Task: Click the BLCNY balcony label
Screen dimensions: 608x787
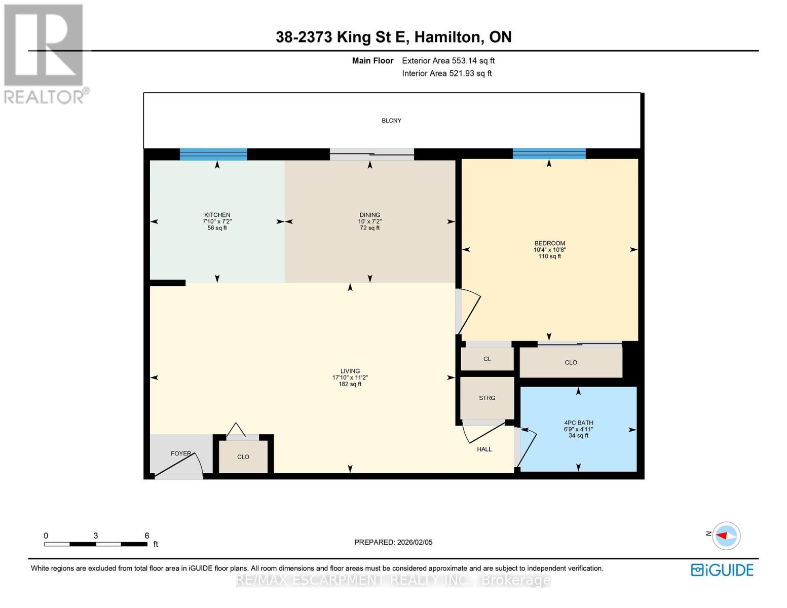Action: (x=391, y=121)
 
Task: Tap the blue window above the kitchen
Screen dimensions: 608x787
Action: (x=213, y=154)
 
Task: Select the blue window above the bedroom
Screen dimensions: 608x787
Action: (x=549, y=154)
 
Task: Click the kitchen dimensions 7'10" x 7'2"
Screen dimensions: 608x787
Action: (x=217, y=221)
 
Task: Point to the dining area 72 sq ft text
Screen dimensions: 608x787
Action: (x=370, y=228)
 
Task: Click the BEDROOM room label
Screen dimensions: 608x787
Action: (x=549, y=243)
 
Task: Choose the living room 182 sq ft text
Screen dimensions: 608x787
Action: (x=350, y=384)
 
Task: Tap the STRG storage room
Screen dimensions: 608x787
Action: (x=487, y=398)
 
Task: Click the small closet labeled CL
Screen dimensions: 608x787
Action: (x=487, y=359)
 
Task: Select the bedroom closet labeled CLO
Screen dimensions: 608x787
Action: (x=571, y=363)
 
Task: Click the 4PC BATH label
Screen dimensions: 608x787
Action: (x=578, y=423)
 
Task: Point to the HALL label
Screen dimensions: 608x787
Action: (x=484, y=449)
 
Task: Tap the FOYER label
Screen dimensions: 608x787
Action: (x=181, y=453)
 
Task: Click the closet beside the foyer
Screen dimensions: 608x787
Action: (x=243, y=457)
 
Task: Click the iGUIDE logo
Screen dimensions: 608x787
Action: (x=722, y=570)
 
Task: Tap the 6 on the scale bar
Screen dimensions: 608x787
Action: (x=147, y=536)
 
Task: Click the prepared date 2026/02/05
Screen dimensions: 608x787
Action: (x=415, y=542)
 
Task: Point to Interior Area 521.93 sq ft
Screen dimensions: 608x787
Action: (x=446, y=73)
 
